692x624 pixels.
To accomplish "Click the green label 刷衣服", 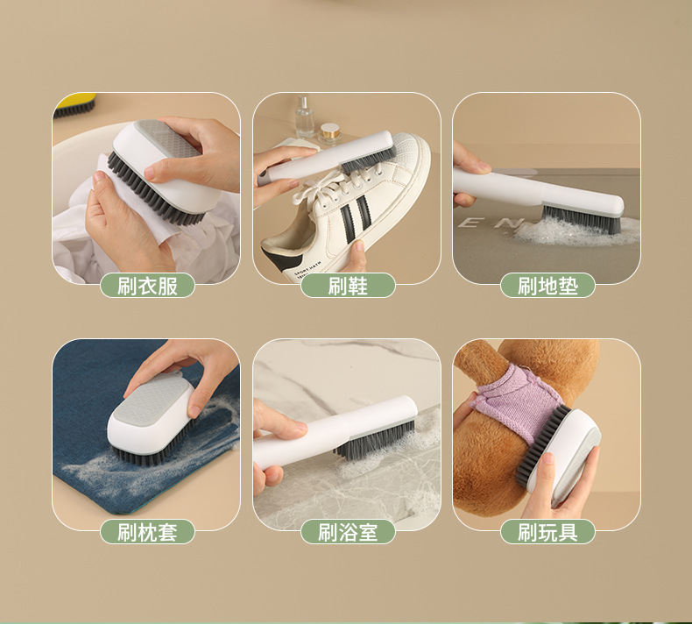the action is point(147,286).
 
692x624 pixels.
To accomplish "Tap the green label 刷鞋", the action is point(348,286).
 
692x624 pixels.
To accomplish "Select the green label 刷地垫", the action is point(547,286).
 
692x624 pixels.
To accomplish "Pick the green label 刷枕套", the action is point(147,532).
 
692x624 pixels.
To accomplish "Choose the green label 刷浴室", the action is point(348,532).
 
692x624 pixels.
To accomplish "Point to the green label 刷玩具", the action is point(547,532).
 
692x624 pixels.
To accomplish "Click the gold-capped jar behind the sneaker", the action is point(328,134).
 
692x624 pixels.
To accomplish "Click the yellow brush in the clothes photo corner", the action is point(75,105).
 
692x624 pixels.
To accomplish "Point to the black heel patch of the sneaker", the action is point(281,259).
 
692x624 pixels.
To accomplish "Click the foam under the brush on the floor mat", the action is point(574,231).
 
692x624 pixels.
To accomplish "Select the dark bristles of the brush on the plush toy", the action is point(541,443).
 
